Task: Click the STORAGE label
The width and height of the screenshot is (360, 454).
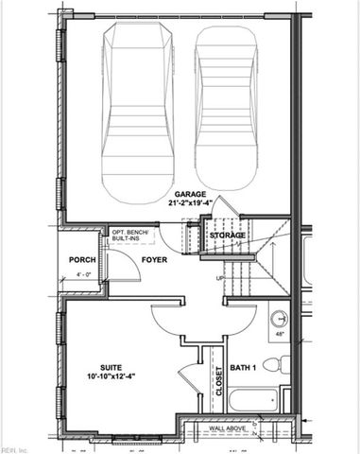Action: [227, 235]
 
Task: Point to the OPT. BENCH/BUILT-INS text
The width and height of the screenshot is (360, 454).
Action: [132, 236]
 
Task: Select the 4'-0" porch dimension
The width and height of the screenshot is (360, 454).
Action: [83, 276]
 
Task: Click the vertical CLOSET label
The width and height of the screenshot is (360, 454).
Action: [218, 381]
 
